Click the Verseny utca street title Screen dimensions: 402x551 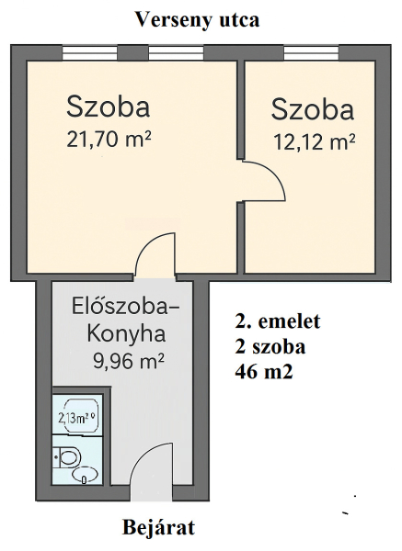coord(198,20)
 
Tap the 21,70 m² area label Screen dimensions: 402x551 coord(109,140)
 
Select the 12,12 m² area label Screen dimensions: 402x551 coord(314,142)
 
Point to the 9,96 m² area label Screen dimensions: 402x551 coord(129,361)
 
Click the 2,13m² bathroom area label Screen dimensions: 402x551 coord(77,419)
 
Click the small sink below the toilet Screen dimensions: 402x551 coord(85,476)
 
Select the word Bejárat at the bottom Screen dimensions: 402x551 coord(158,527)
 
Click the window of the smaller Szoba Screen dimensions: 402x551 coord(311,52)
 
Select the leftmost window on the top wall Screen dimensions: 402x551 coord(89,52)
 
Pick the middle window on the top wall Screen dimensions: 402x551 coord(176,52)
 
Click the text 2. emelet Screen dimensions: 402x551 coord(278,320)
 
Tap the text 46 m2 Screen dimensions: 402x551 coord(264,372)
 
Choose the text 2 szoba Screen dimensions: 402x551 coord(270,346)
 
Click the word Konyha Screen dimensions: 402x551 coord(126,334)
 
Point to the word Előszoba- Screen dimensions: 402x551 coord(125,307)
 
